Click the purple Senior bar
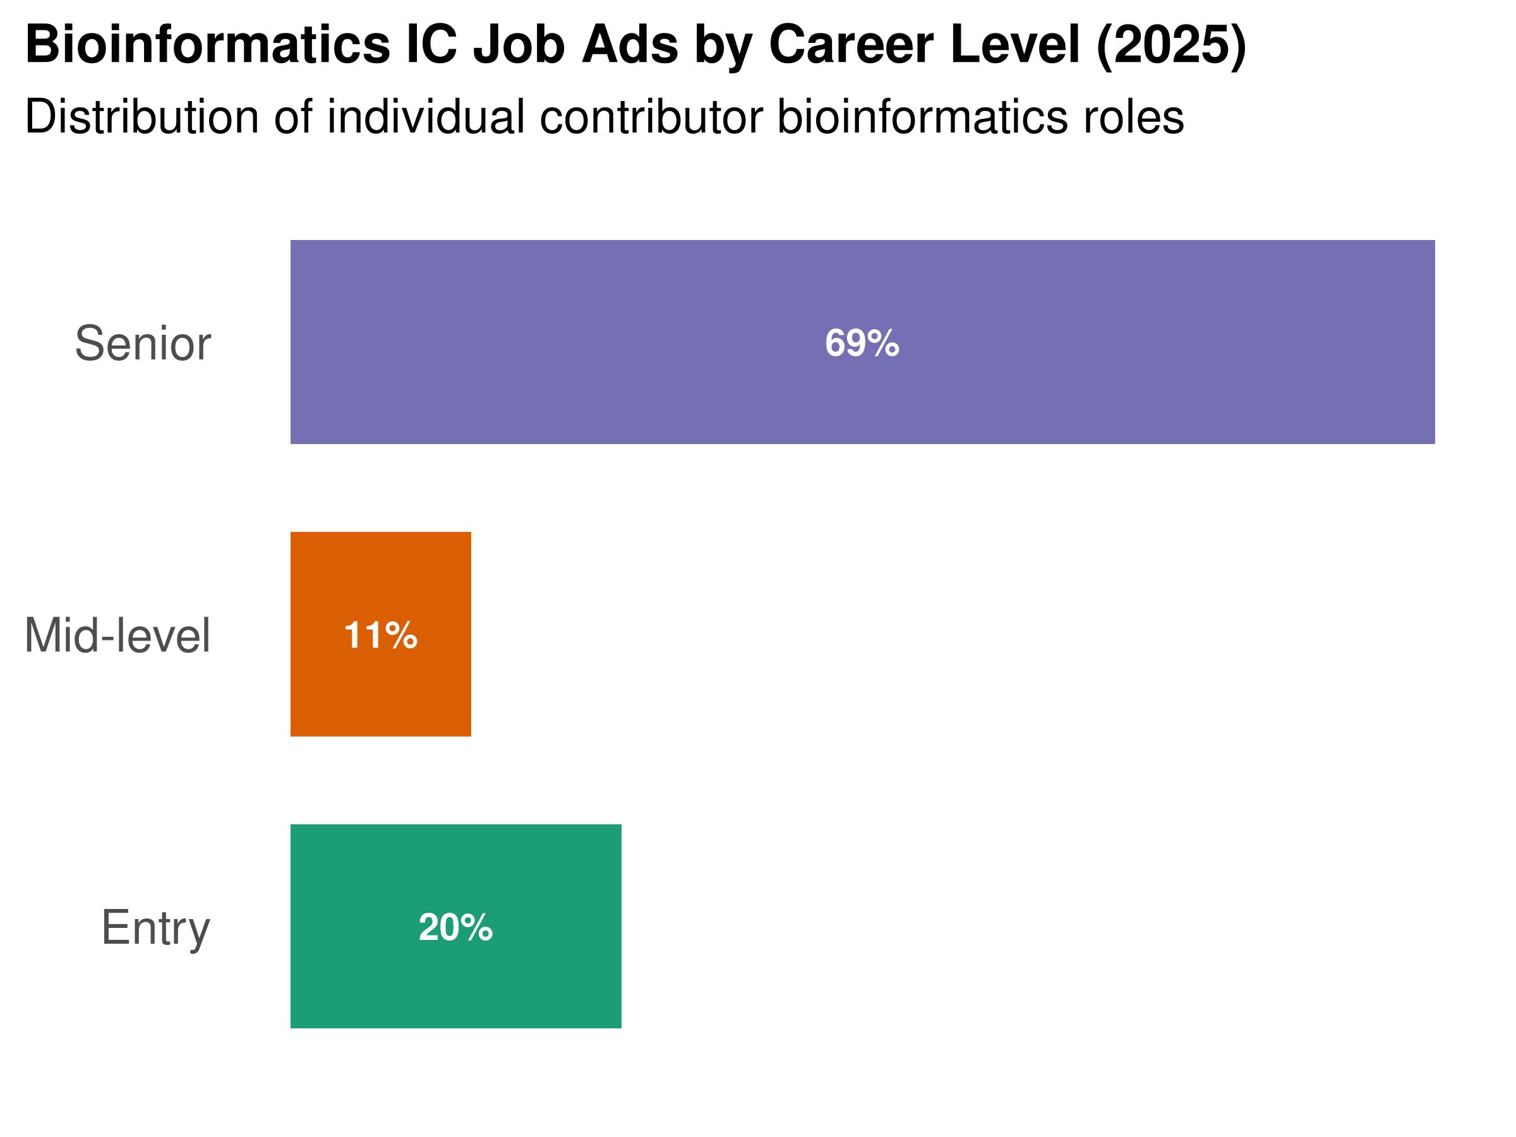(1165, 342)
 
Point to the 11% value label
(380, 635)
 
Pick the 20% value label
(456, 927)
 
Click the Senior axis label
(143, 344)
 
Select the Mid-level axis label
(117, 636)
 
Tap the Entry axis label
(155, 928)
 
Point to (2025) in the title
(1170, 45)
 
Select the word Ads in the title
(630, 45)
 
